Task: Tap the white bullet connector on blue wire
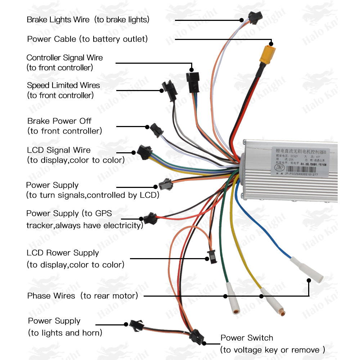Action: (x=306, y=269)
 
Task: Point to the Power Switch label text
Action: (x=247, y=338)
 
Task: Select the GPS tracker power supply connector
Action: (x=150, y=218)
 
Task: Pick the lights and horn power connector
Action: (x=137, y=325)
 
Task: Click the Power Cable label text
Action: (x=87, y=39)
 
